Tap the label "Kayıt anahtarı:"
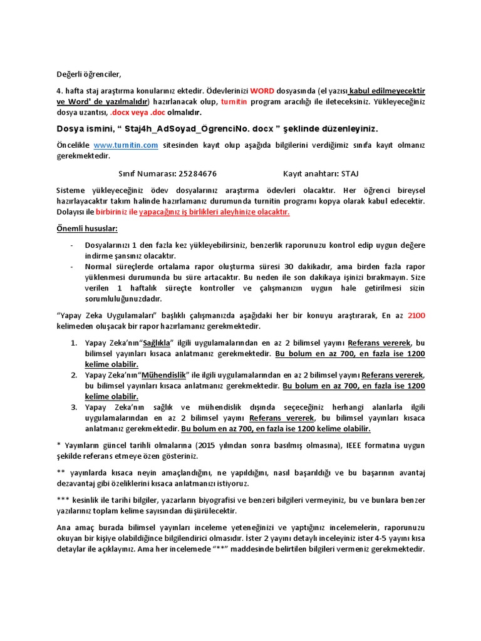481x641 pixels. coord(309,173)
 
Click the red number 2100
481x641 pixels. coord(416,315)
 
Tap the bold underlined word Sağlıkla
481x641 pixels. coord(157,343)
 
